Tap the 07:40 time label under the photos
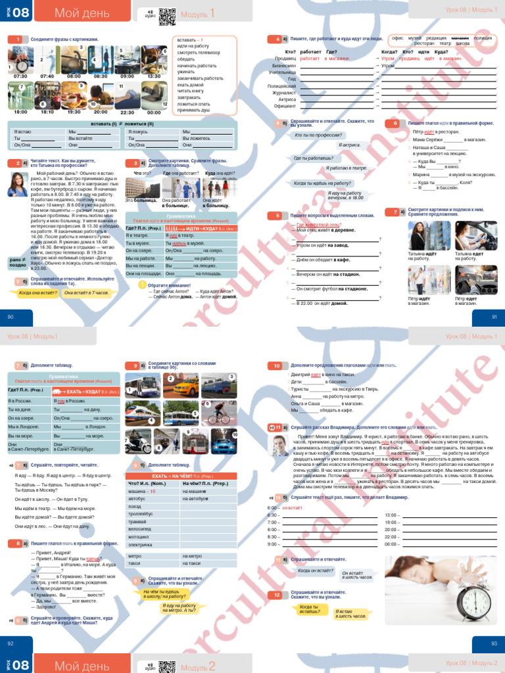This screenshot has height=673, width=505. [x=47, y=76]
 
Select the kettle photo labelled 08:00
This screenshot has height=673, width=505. [x=74, y=60]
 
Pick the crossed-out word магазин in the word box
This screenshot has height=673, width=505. [x=460, y=38]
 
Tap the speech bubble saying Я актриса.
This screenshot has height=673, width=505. [x=349, y=144]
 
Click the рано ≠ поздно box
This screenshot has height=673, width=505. [x=18, y=263]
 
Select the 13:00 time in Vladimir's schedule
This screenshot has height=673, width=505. [x=391, y=515]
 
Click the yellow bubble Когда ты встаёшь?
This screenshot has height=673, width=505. [x=309, y=609]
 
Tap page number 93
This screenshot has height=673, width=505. [x=494, y=643]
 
